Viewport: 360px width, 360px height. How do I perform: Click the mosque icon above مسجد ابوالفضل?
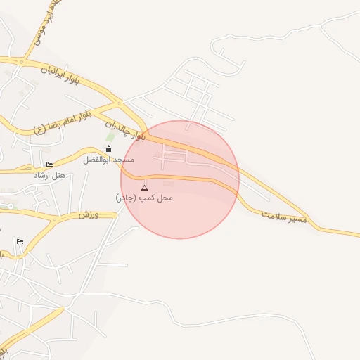click(108, 149)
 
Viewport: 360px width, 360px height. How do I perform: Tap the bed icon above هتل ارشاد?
click(49, 165)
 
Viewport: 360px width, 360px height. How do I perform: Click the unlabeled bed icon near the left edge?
click(20, 242)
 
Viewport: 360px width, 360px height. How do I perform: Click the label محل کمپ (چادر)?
click(144, 198)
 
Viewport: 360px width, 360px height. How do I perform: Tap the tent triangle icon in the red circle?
click(144, 188)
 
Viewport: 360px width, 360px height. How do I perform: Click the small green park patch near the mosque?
click(110, 136)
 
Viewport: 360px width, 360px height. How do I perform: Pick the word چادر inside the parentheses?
click(124, 198)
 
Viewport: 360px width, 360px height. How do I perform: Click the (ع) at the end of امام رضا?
click(39, 129)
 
